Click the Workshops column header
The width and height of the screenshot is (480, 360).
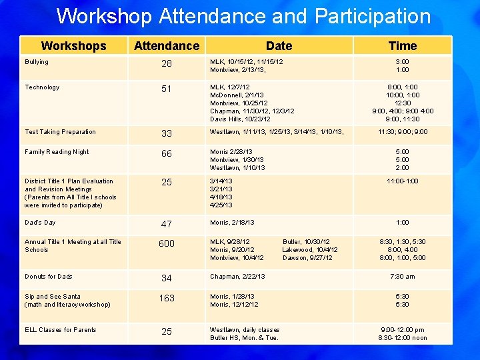(x=73, y=45)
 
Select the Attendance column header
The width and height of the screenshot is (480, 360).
(x=166, y=45)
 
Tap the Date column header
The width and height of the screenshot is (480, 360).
(x=279, y=45)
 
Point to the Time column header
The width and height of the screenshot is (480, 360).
(x=403, y=45)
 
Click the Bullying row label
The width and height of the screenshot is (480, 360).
(x=37, y=62)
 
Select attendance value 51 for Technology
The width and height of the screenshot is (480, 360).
(x=166, y=89)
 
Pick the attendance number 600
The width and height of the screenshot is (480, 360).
(x=166, y=243)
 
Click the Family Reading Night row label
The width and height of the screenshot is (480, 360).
(x=57, y=152)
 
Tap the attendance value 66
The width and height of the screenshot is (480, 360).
(x=166, y=153)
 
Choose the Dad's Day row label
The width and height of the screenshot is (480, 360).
(x=40, y=223)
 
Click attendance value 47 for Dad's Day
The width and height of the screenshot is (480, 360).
(x=166, y=224)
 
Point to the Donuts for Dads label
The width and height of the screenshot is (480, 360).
(x=49, y=277)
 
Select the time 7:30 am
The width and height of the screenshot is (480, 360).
(x=403, y=277)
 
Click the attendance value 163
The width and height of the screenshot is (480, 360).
(x=166, y=298)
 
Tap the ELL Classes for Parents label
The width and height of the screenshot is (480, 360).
(x=61, y=330)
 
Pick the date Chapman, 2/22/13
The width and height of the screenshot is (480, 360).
(x=237, y=277)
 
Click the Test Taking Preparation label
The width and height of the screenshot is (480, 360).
(x=60, y=132)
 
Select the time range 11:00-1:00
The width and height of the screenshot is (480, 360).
(x=403, y=181)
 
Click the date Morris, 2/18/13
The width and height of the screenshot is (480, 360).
(x=232, y=223)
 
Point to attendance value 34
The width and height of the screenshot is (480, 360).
(x=166, y=278)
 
